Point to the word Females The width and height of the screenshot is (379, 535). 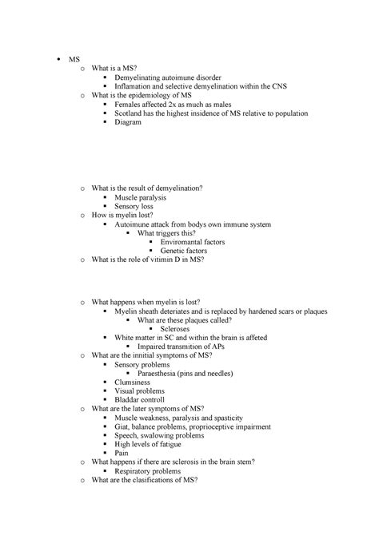(x=130, y=103)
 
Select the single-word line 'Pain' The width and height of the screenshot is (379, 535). (x=122, y=452)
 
